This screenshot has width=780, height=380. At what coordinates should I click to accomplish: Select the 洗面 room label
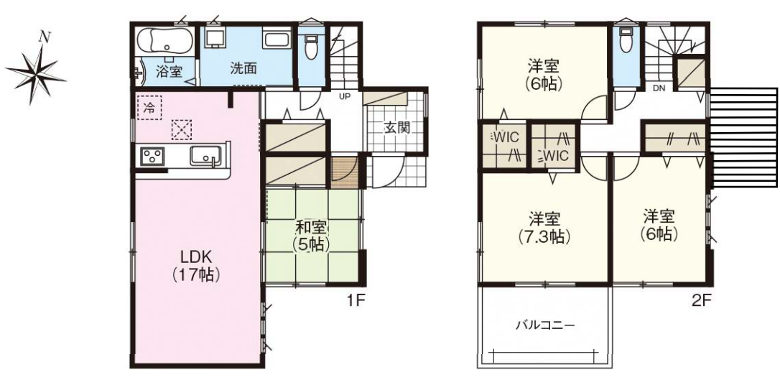[243, 68]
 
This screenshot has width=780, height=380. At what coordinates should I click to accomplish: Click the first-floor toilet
[311, 46]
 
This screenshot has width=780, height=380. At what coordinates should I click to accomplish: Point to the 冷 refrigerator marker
[149, 108]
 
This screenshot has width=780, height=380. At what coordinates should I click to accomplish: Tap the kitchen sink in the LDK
[205, 156]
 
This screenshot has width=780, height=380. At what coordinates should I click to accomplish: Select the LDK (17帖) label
[196, 265]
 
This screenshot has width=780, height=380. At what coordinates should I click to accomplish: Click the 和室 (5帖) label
[312, 236]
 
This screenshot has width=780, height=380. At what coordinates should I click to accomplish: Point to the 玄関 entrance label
[396, 128]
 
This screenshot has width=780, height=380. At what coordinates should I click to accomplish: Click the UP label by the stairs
[344, 96]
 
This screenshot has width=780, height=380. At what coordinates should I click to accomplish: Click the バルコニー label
[544, 326]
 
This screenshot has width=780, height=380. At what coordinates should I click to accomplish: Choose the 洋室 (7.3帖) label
[544, 227]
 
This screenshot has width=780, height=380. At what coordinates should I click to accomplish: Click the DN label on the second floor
[659, 89]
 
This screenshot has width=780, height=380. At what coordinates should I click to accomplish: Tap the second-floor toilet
[626, 40]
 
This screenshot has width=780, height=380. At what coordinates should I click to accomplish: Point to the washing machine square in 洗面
[215, 37]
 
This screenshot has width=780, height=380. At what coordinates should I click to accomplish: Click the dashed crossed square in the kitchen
[182, 130]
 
